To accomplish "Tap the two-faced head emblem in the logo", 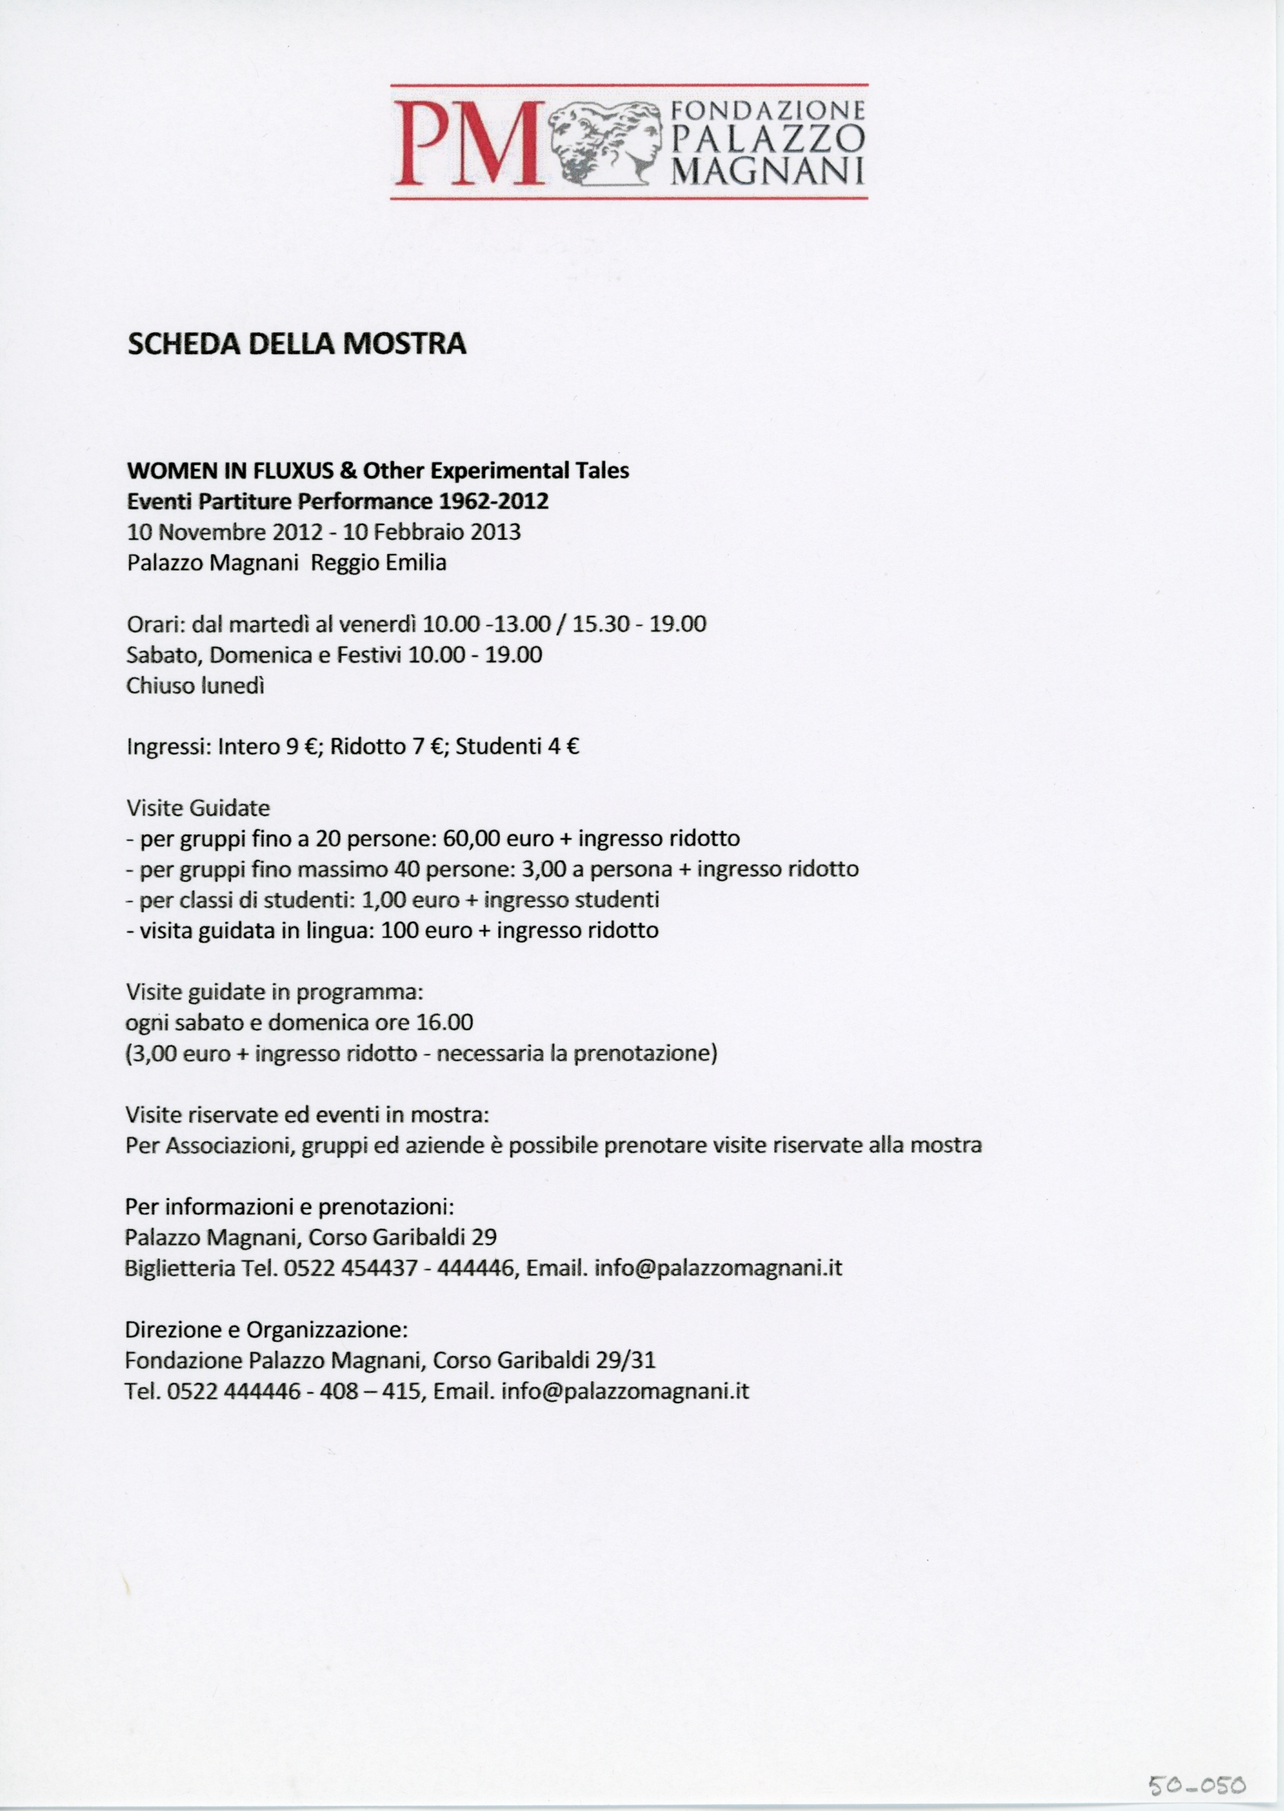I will pyautogui.click(x=606, y=143).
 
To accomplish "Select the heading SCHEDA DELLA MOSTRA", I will pyautogui.click(x=296, y=344).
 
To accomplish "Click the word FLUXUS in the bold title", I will pyautogui.click(x=294, y=472).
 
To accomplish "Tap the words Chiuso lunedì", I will pyautogui.click(x=196, y=686).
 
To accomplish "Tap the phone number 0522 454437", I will pyautogui.click(x=350, y=1268).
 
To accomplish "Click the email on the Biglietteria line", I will pyautogui.click(x=718, y=1268).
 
